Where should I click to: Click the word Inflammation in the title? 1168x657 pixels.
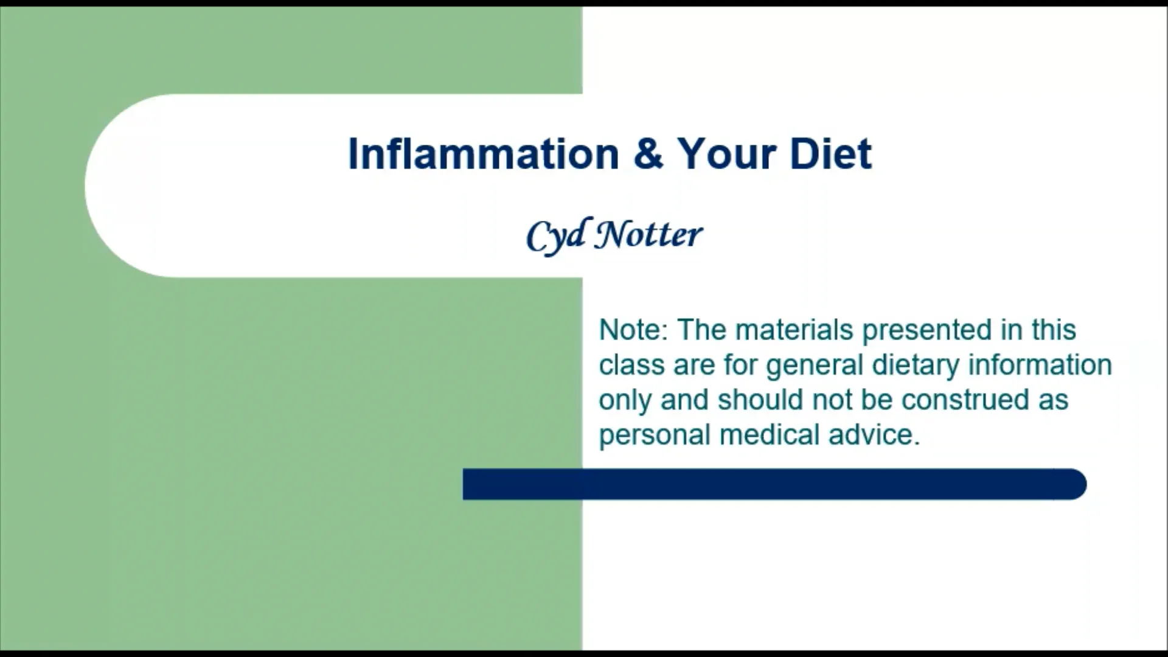tap(483, 153)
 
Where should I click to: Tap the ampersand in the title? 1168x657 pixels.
tap(648, 153)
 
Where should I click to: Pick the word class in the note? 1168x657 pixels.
tap(631, 365)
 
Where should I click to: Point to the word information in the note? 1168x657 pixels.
tap(1040, 365)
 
